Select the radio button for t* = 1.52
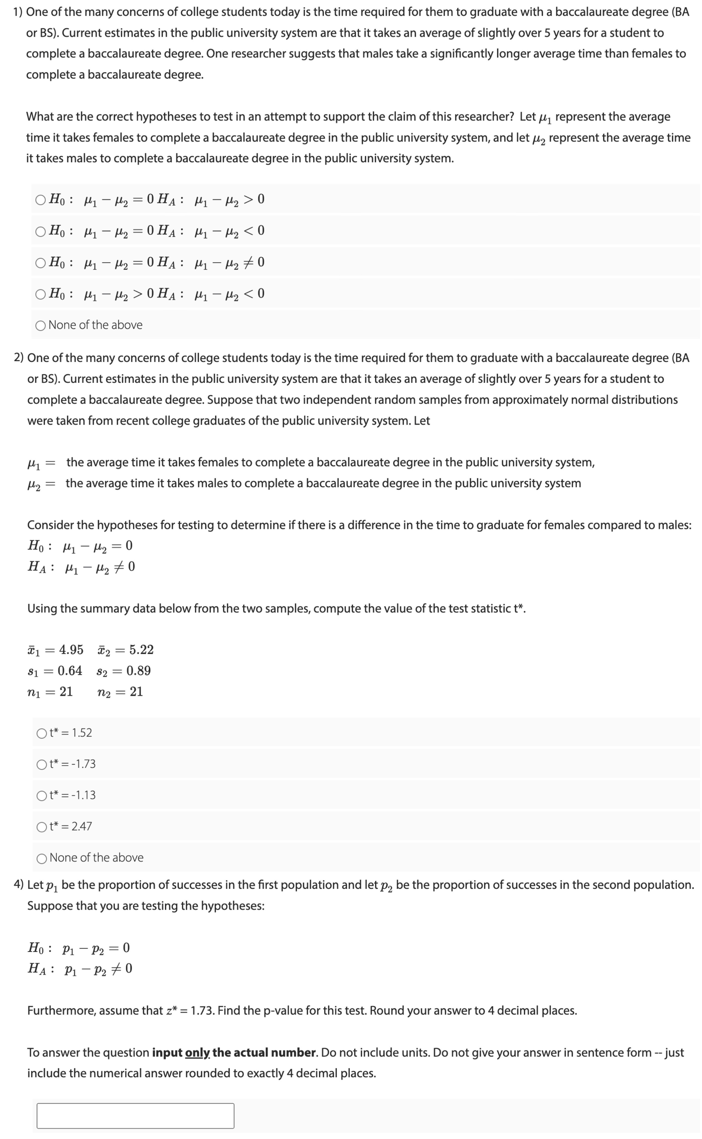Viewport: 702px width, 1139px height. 42,733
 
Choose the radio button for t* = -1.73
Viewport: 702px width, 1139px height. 42,764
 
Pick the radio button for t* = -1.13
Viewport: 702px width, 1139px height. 42,795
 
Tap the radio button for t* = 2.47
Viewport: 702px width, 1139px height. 42,826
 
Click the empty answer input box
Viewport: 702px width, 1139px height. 135,1116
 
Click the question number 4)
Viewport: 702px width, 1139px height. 19,884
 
